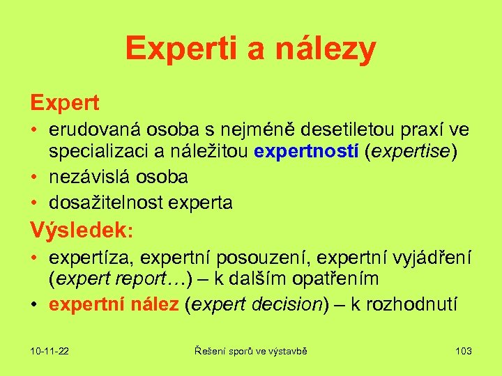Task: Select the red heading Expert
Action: pos(65,103)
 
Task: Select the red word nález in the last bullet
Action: pos(153,304)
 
